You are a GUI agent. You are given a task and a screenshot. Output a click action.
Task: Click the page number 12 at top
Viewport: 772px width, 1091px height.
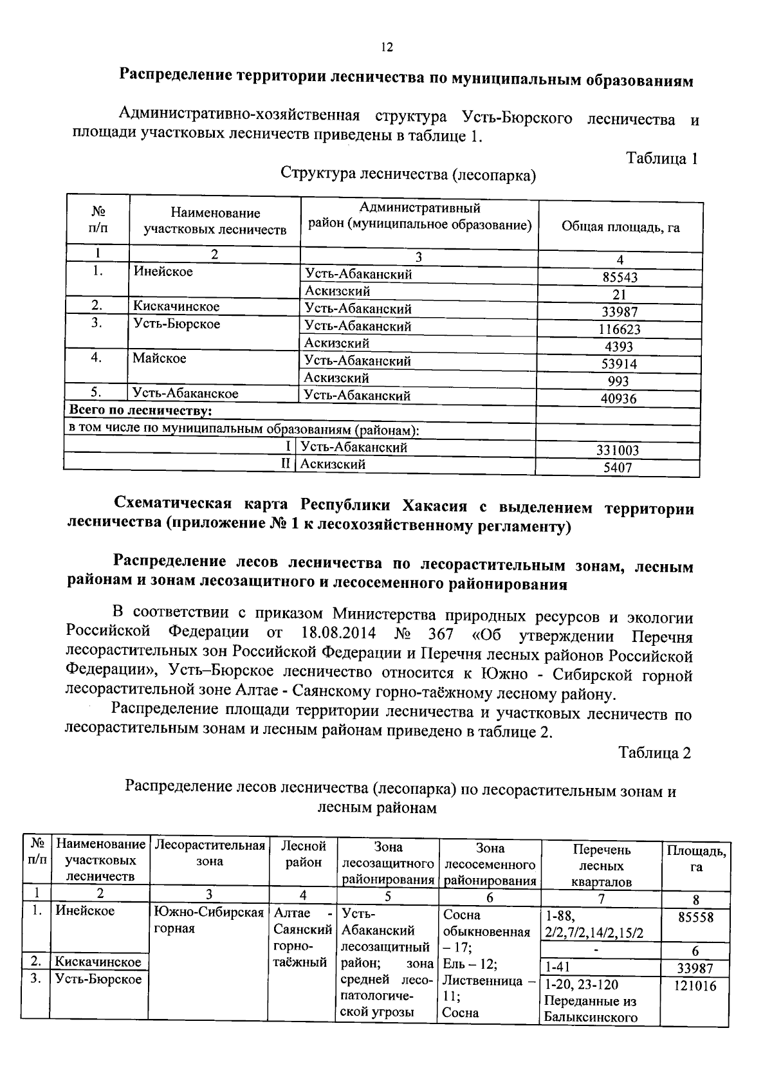tap(386, 47)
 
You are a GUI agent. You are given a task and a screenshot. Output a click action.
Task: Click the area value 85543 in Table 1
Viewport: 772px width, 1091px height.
tap(620, 278)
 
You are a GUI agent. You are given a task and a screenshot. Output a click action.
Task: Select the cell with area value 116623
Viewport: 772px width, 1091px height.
tap(620, 329)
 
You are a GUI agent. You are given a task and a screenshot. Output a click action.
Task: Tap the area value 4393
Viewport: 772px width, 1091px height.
tap(620, 347)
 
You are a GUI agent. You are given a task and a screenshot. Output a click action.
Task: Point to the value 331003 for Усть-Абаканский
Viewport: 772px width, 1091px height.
tap(618, 451)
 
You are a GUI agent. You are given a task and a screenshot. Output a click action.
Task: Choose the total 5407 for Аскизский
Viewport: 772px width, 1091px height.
tap(618, 468)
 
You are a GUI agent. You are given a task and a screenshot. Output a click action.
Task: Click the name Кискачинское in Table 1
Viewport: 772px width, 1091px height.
tap(176, 307)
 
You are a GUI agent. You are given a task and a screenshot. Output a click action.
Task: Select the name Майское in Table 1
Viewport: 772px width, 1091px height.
tap(160, 358)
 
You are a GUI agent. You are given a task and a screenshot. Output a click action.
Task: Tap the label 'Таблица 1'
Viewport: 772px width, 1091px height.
tap(662, 158)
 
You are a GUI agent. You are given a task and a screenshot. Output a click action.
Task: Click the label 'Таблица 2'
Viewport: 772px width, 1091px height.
tap(654, 753)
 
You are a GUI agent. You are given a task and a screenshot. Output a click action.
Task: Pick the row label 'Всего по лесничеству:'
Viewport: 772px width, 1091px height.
tap(140, 410)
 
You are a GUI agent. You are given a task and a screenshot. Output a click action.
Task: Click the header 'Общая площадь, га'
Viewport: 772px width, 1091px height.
tap(620, 227)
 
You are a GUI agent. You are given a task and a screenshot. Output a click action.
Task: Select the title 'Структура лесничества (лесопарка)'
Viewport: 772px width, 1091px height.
tap(409, 174)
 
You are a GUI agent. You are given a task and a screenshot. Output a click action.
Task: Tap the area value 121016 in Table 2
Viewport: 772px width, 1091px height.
tap(695, 986)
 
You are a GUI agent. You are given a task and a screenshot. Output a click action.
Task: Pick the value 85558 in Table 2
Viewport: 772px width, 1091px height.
tap(695, 917)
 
